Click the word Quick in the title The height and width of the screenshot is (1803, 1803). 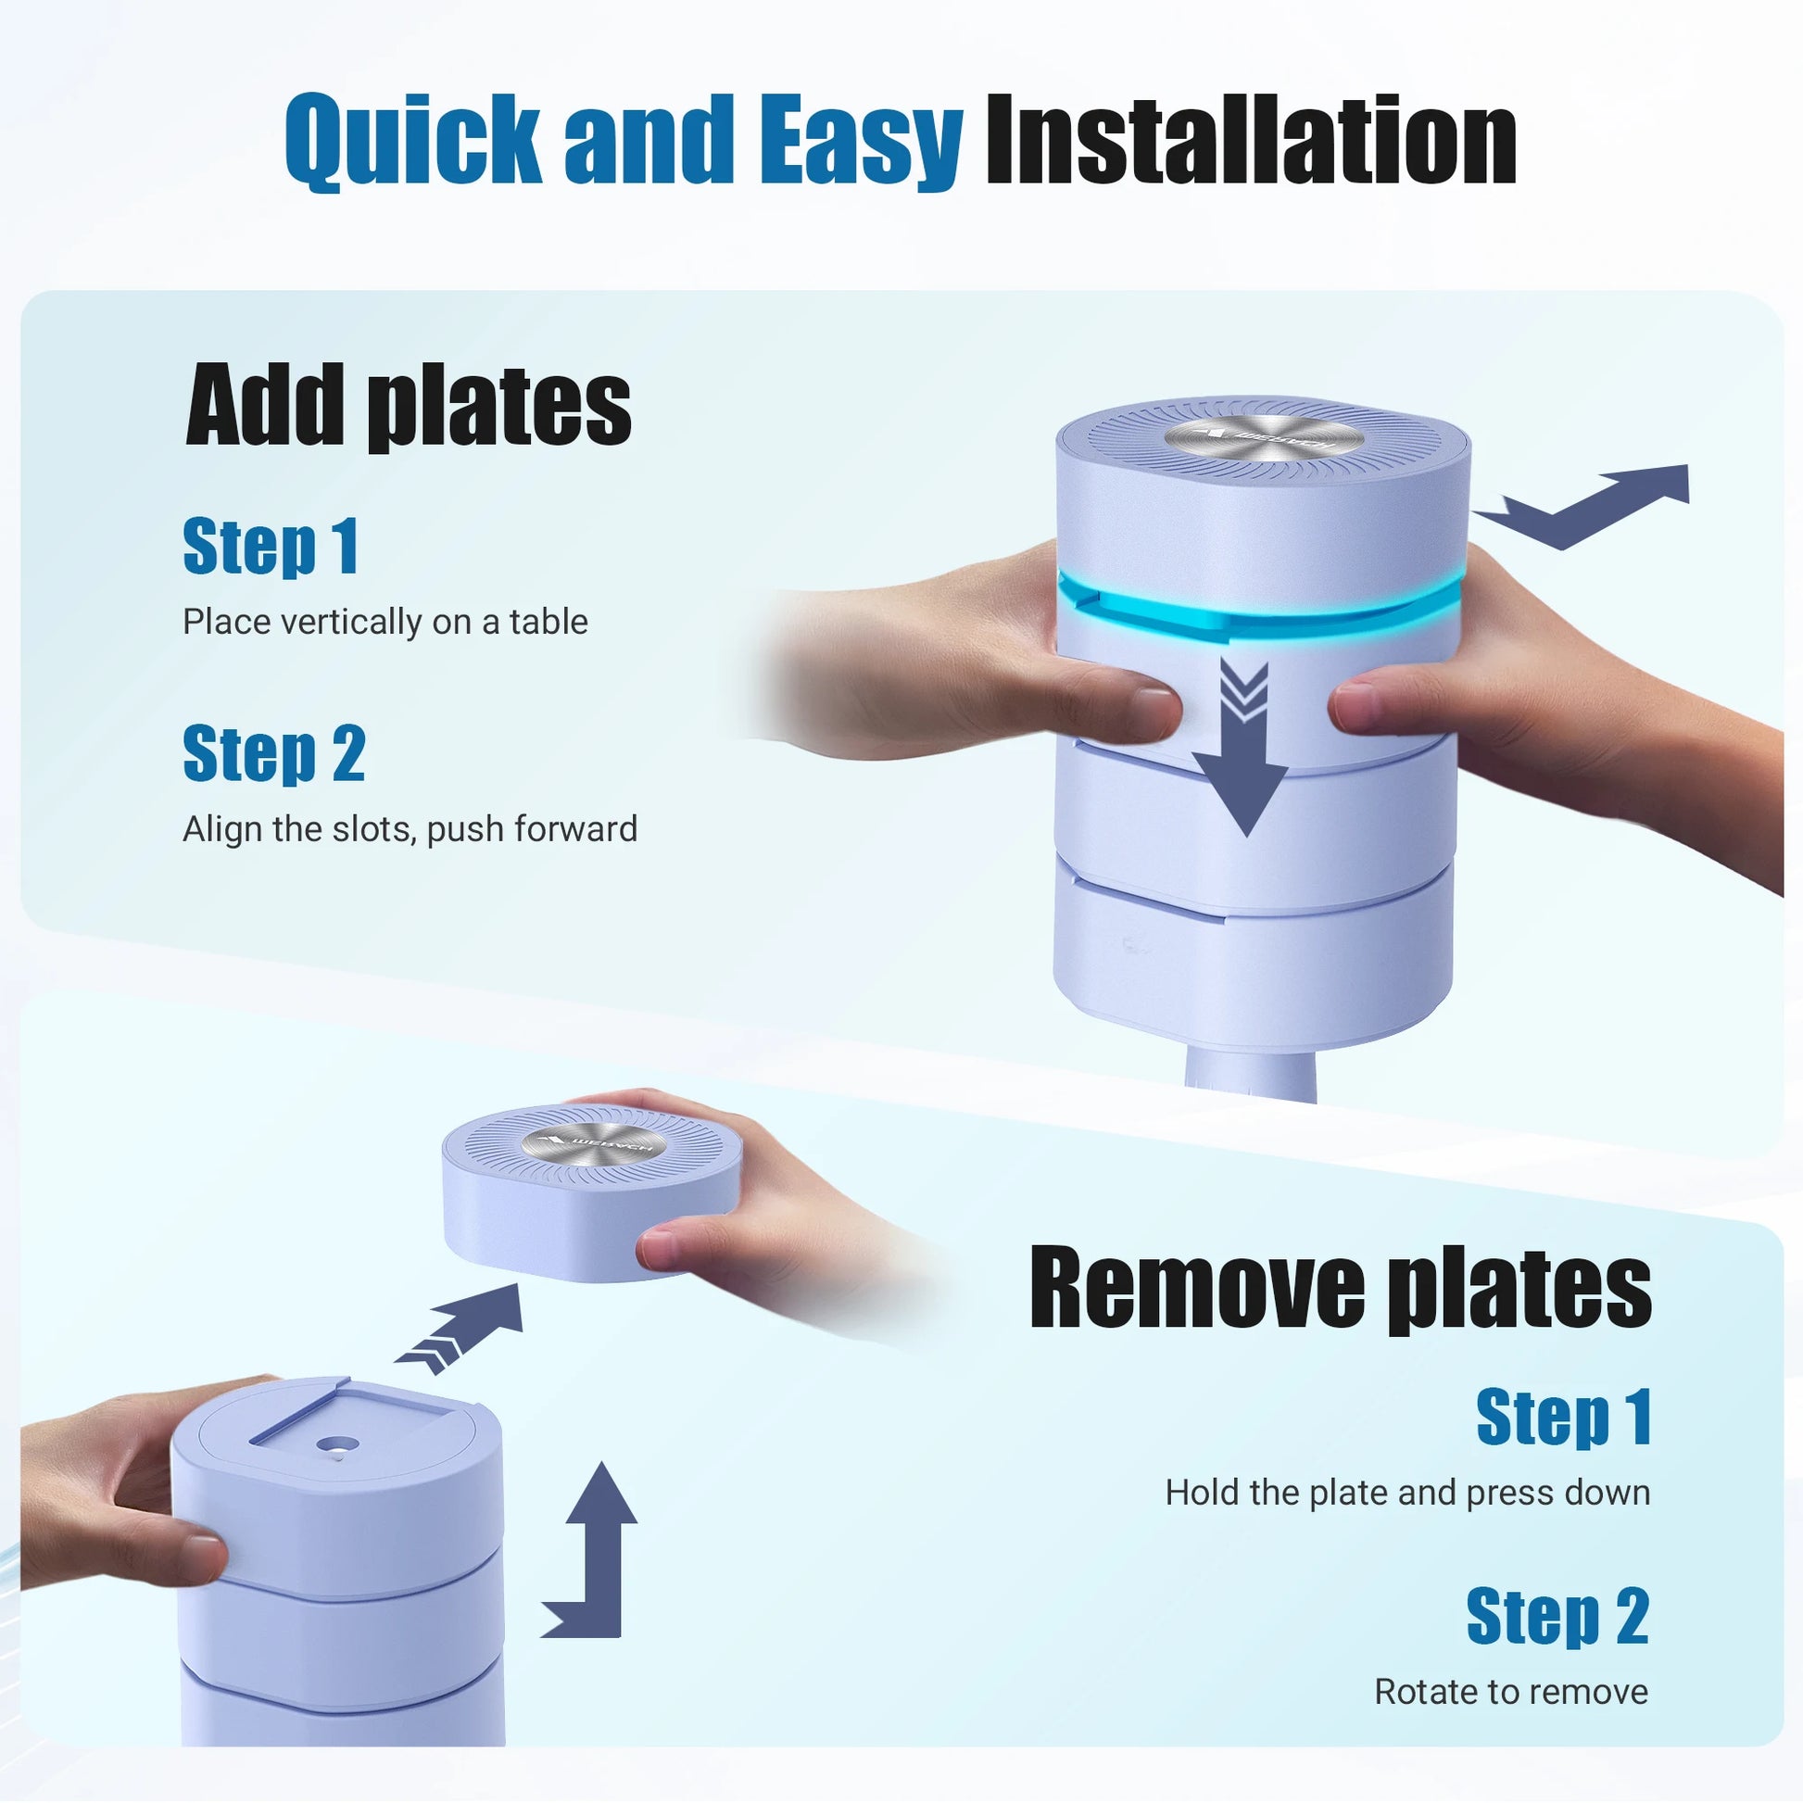412,140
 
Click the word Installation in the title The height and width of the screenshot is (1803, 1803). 1251,140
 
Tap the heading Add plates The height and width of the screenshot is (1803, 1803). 408,405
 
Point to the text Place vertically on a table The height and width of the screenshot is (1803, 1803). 385,622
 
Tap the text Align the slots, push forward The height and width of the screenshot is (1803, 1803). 410,828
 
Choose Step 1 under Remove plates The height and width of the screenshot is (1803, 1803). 1564,1418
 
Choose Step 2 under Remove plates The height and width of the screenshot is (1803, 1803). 1558,1616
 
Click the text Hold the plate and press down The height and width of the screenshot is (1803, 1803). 1407,1493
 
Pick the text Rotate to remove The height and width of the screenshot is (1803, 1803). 1512,1691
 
